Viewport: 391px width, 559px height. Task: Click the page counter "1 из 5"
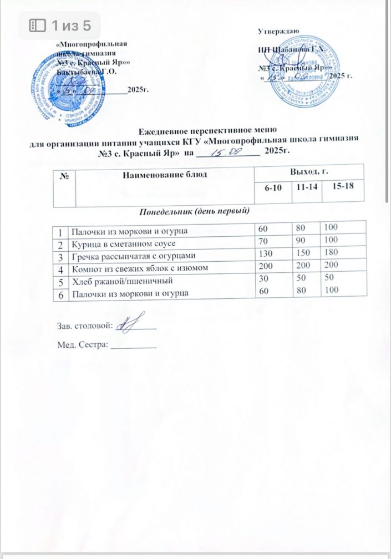point(60,26)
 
